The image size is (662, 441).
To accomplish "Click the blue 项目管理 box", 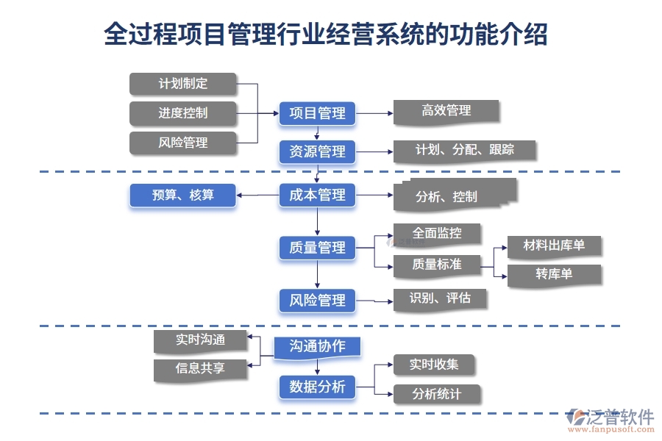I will pos(317,113).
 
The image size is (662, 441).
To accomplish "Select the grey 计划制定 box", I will pos(183,84).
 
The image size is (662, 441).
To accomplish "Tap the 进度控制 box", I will pos(183,113).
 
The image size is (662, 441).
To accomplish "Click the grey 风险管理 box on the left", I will pos(183,143).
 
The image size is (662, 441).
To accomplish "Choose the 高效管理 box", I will pos(446,111).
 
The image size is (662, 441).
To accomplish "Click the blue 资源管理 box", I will pos(317,151).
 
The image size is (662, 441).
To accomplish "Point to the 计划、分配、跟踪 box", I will pos(464,151).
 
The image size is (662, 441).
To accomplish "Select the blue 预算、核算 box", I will pos(183,196).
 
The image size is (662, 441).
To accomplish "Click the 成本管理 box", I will pos(317,196).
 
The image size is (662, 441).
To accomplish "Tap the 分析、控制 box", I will pos(455,196).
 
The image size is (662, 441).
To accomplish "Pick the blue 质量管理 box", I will pos(317,248).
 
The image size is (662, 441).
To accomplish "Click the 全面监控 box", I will pos(437,234).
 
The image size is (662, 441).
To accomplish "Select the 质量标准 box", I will pos(437,265).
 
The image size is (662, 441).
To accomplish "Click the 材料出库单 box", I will pos(554,245).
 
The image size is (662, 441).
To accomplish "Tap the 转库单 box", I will pos(554,274).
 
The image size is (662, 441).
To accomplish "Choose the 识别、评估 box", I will pos(439,298).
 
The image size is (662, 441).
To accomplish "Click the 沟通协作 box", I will pos(317,347).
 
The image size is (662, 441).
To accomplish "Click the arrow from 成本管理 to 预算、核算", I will pos(257,196).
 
